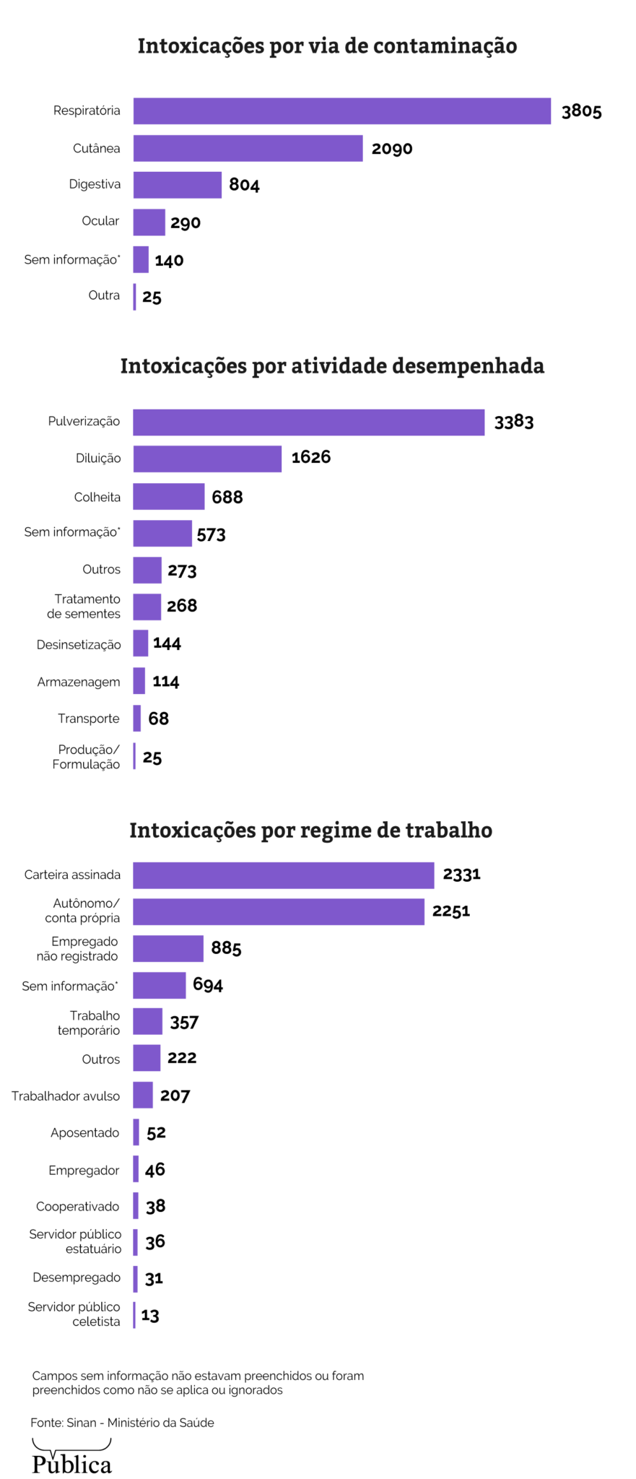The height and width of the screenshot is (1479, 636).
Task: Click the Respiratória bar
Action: point(341,111)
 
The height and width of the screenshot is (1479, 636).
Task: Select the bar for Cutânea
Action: point(248,148)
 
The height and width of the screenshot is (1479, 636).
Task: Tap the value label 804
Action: point(244,185)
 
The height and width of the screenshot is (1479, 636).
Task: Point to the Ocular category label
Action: point(100,221)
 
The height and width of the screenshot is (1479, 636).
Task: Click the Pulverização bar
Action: point(308,422)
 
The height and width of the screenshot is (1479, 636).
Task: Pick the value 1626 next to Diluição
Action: point(310,457)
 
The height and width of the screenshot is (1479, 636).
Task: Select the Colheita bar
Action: point(168,497)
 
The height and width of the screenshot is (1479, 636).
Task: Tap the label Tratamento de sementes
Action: point(84,607)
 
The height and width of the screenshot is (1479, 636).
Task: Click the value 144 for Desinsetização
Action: point(167,643)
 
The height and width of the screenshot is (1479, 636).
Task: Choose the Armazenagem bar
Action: point(139,681)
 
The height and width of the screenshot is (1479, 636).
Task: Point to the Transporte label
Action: point(89,719)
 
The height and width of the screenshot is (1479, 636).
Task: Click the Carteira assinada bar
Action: point(283,875)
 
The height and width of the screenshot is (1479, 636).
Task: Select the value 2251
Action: point(450,911)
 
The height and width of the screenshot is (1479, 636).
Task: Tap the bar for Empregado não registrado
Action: point(167,949)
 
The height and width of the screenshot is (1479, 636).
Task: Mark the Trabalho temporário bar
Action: point(147,1022)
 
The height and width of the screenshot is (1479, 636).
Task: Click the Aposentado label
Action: point(84,1132)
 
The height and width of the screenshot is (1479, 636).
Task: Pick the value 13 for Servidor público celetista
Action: point(150,1315)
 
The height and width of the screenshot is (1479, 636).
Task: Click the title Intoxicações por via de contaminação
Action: point(327,46)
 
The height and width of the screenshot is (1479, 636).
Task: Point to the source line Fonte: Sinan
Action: point(122,1423)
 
